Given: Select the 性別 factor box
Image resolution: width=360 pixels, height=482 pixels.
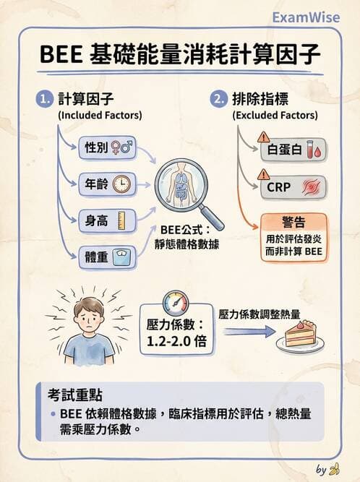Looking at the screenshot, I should [107, 147].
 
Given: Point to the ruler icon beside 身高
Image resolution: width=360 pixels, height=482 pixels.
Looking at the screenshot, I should [121, 219].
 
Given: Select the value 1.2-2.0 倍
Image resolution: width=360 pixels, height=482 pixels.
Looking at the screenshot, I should [176, 342].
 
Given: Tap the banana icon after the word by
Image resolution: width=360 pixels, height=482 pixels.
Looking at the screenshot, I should [333, 470].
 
